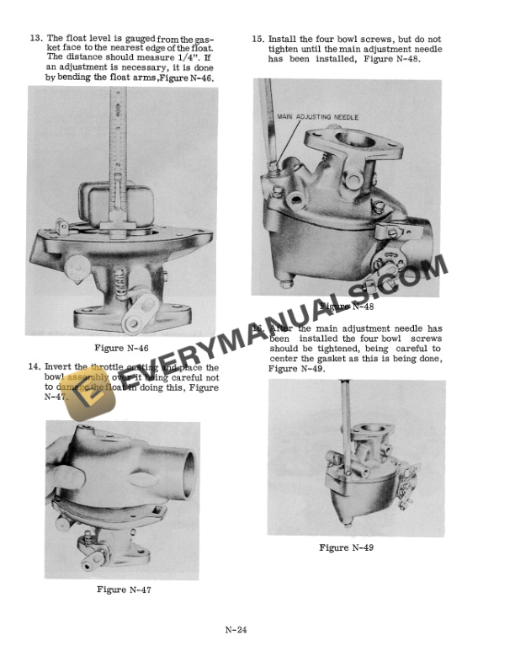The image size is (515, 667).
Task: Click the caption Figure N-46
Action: point(123,348)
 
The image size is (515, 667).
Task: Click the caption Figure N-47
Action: point(124,590)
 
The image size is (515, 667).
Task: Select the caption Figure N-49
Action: point(346,547)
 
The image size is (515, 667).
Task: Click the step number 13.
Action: point(35,39)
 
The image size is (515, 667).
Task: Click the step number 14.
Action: point(35,367)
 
